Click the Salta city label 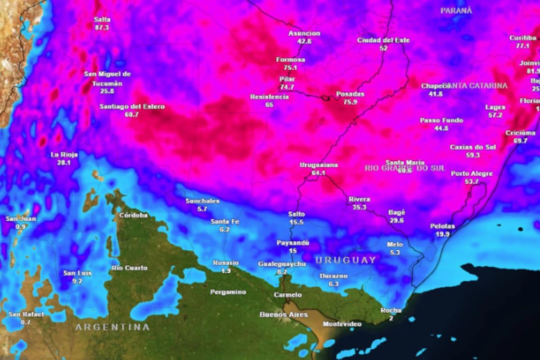(102, 20)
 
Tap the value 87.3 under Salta (102, 27)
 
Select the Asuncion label (304, 33)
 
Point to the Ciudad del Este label (383, 40)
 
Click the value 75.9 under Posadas (350, 102)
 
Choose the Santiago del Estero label (132, 107)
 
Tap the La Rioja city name (63, 154)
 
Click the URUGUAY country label (345, 260)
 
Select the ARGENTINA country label (112, 327)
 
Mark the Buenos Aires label (283, 315)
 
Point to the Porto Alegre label (472, 173)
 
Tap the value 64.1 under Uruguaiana (318, 173)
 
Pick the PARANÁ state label (456, 10)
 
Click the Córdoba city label (133, 215)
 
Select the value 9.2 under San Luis (77, 281)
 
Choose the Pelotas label (442, 226)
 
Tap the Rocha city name (390, 310)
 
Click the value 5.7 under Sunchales (202, 209)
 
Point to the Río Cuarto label (129, 268)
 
